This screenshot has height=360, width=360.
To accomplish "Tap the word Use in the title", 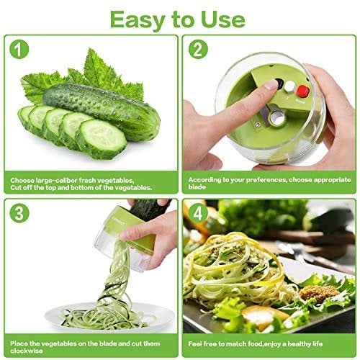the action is click(223, 19).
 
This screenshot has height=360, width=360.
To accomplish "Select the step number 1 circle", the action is click(19, 49).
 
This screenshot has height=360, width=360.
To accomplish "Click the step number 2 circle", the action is click(198, 49).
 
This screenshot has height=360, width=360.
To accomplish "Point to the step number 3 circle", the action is click(19, 213).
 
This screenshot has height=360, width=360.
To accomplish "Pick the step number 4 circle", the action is click(198, 213).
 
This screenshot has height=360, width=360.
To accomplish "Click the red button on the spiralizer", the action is click(303, 91).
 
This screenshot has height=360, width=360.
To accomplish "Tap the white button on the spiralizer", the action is click(290, 87).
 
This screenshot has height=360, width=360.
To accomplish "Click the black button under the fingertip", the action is click(279, 84).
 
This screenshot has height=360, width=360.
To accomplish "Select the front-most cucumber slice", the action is click(102, 139).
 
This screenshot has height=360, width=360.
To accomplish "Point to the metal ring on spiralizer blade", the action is click(277, 118).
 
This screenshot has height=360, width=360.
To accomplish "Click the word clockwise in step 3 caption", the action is click(27, 351).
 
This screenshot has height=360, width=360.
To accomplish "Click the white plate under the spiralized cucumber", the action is click(110, 316).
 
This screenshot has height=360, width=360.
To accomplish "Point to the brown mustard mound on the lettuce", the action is click(319, 293).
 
